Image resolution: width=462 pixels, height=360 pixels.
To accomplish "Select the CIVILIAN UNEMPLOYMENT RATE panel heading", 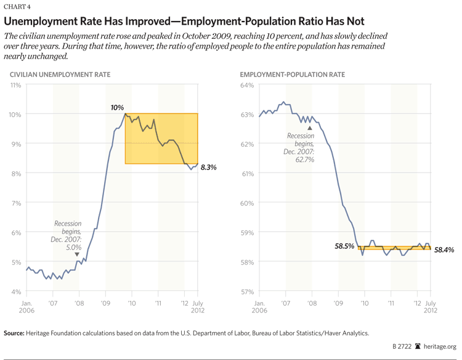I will tap(60, 75).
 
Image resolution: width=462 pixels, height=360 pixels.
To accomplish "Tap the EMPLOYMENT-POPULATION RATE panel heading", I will tap(292, 75).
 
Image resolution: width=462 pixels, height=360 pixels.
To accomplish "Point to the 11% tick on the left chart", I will tap(14, 84).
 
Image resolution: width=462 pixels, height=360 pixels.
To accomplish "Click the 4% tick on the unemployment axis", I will tap(16, 291).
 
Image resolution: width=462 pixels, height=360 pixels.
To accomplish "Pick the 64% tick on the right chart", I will tap(247, 84).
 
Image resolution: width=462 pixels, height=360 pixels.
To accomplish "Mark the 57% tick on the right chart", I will tap(247, 291).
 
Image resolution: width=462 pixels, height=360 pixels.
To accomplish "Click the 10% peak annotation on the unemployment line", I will tap(117, 107).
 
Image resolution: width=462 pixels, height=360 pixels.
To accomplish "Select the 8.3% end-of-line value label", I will tap(209, 167).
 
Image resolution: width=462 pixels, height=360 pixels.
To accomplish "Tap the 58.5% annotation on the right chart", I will tap(344, 246).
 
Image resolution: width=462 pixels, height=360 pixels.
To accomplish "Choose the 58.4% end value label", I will tap(443, 250).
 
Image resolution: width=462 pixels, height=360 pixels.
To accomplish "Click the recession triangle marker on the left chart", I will tap(77, 254).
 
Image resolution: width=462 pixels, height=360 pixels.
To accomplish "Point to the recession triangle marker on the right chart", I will tap(310, 128).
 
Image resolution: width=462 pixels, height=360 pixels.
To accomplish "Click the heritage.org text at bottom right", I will tap(442, 347).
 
